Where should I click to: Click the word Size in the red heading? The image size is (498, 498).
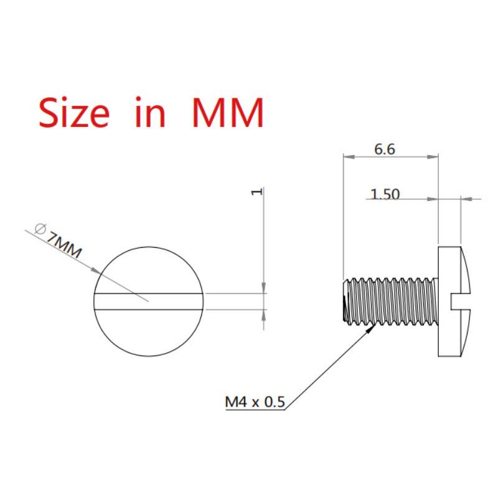point(74,112)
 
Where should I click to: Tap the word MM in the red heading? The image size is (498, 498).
point(228,113)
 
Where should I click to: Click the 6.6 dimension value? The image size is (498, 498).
point(385,149)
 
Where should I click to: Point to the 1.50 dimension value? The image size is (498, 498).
point(385,194)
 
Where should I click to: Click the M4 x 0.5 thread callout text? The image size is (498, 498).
point(255,402)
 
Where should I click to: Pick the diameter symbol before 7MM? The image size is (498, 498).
point(40,228)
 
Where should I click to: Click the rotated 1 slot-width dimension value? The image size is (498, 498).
point(257,192)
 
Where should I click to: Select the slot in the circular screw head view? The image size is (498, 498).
point(149,301)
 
